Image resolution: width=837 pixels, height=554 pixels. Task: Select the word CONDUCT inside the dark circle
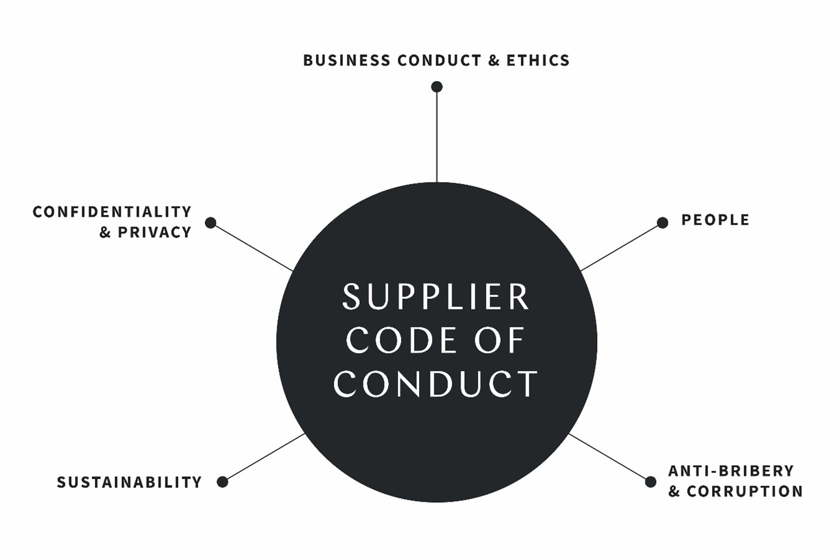pos(436,384)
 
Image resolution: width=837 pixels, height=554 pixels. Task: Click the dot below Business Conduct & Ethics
pos(437,87)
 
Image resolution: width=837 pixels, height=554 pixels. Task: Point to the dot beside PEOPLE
pos(663,223)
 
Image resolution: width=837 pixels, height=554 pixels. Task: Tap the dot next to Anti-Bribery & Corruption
pos(650,482)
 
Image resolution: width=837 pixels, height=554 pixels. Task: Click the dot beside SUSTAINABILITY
pos(222,482)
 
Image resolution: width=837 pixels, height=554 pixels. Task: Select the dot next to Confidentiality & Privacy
pos(210,223)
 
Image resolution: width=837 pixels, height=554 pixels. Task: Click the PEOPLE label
pos(715,220)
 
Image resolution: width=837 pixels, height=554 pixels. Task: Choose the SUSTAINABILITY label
pos(129,482)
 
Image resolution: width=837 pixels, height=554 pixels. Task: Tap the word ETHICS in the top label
pos(538,61)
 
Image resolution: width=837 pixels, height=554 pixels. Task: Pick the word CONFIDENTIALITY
pos(112,211)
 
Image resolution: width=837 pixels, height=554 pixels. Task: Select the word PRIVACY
pos(154,232)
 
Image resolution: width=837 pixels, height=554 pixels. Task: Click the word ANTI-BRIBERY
pos(731,470)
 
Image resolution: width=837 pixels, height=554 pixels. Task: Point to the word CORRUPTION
pos(745,491)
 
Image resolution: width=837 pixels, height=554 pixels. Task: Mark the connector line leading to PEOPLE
pos(622,247)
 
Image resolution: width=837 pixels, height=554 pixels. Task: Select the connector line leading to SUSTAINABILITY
pos(264,457)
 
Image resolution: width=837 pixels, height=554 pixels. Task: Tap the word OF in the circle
pos(500,340)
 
